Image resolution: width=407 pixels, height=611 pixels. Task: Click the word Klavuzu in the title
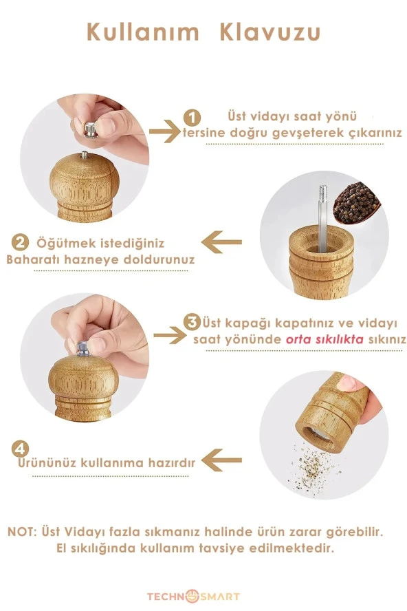click(x=270, y=32)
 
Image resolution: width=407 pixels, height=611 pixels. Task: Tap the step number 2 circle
click(x=21, y=243)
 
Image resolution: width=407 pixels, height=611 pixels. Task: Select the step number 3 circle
click(x=193, y=322)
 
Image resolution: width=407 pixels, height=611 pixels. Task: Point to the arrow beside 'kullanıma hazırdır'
click(x=224, y=460)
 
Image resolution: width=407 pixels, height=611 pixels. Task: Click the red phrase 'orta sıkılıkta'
click(x=318, y=340)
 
